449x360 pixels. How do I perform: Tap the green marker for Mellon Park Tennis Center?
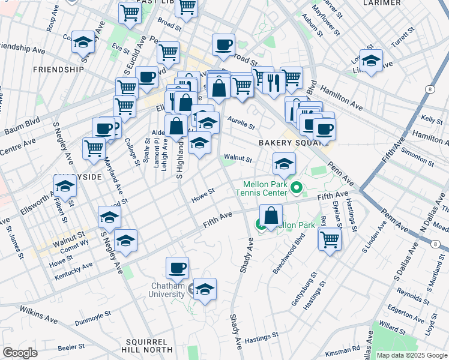pos(296,190)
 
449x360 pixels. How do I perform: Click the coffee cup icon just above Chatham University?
pos(177,268)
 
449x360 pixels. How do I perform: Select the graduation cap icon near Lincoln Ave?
pos(371,60)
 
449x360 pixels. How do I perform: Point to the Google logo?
pos(20,352)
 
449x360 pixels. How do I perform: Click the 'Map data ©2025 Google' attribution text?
pos(411,355)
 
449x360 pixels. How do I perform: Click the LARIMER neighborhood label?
pos(382,3)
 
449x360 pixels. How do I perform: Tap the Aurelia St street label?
pos(241,123)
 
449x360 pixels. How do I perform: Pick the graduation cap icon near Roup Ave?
pos(83,42)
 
